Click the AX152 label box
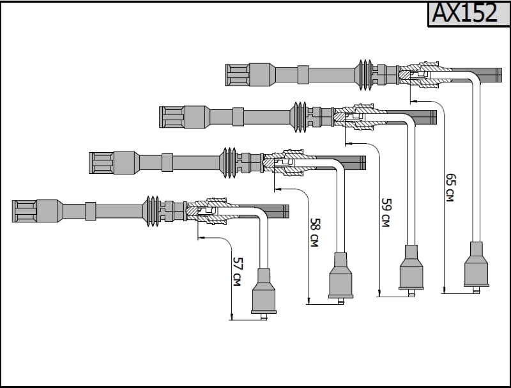(469, 13)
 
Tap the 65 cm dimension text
(450, 188)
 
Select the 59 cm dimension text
(386, 213)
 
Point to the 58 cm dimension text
(314, 233)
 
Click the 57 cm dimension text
(238, 272)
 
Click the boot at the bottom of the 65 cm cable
(476, 267)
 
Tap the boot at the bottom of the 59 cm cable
(411, 270)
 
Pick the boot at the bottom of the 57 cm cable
(264, 294)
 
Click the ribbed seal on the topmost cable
(365, 75)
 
